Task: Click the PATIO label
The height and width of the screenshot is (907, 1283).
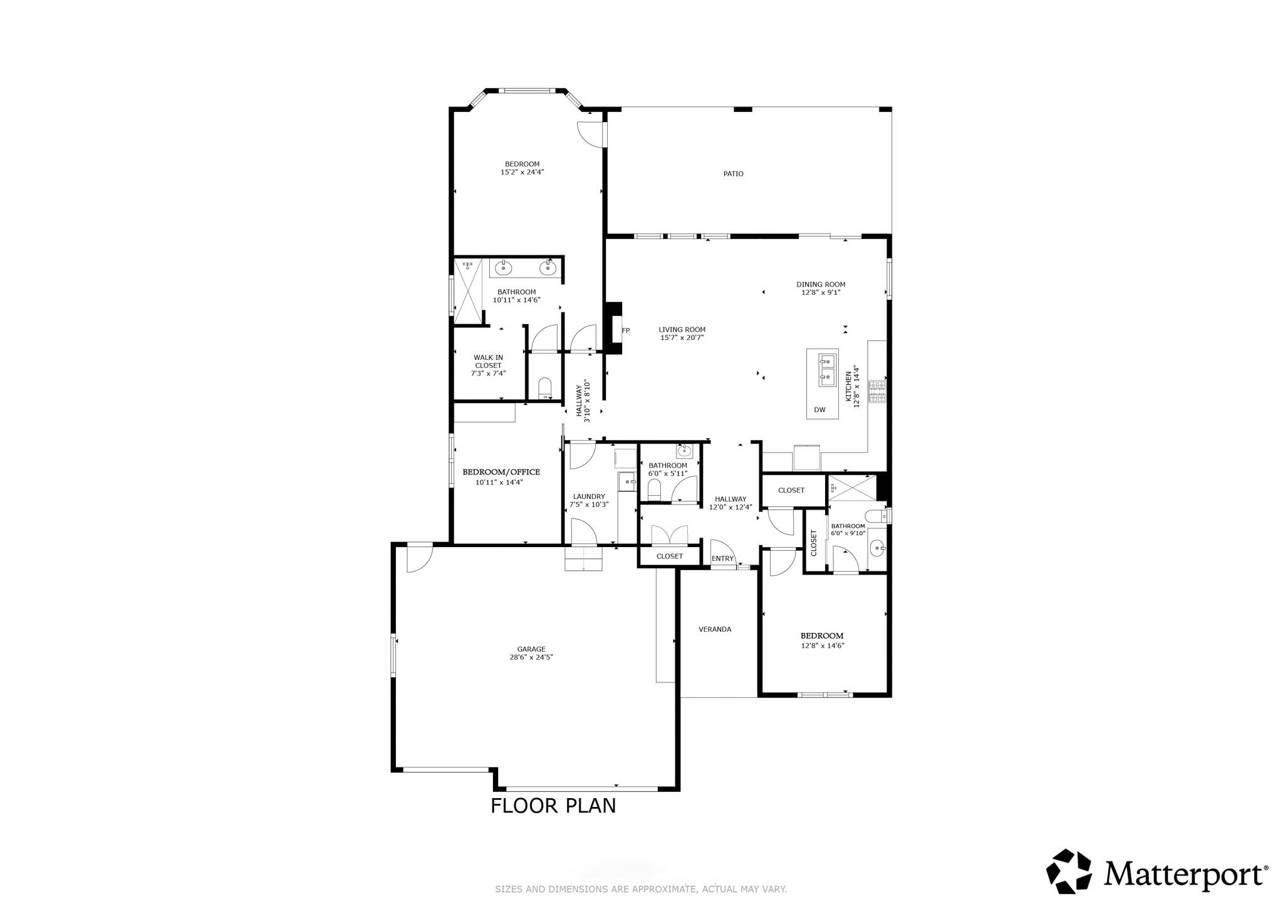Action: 733,174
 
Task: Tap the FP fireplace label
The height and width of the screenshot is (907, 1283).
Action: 625,331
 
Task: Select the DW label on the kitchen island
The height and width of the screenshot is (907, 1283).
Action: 819,411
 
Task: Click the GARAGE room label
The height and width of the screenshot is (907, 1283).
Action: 531,649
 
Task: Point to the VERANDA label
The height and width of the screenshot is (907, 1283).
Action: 715,629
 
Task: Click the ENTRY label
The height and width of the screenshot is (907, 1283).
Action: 722,558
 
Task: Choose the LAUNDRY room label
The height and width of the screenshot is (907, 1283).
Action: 589,496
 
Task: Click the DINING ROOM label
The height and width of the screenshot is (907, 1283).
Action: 821,284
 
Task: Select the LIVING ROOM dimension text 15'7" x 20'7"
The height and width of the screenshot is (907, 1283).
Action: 682,337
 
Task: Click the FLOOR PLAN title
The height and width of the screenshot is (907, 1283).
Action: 553,806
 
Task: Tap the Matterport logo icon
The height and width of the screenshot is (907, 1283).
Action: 1069,871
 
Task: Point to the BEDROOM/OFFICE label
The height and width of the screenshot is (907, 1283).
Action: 501,472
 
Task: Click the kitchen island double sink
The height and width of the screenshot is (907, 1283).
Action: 828,369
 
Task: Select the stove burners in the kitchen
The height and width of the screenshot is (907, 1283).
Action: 876,391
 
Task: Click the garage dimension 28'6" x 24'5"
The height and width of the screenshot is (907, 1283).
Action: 531,657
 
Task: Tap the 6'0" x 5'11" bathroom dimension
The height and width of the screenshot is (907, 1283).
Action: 668,473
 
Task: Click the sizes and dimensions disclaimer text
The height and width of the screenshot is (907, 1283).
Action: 641,889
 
